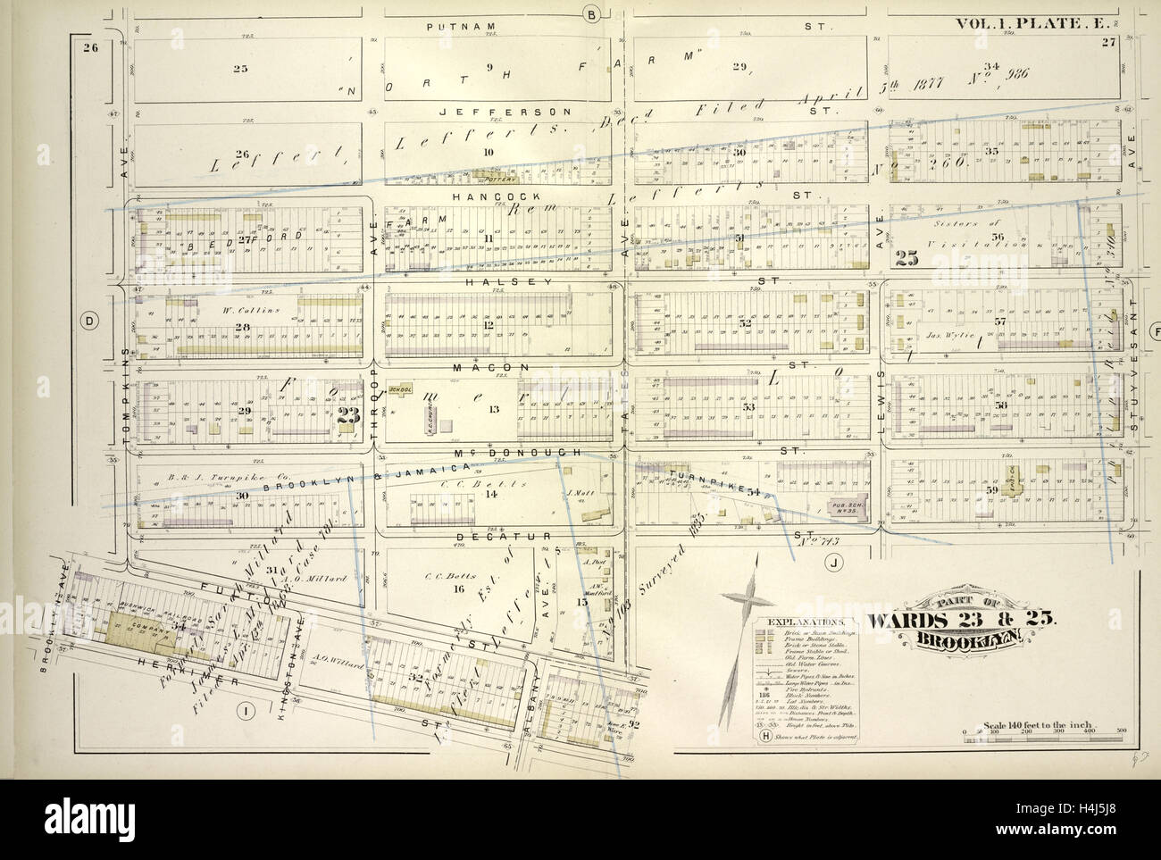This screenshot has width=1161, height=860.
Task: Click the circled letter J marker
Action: [x=833, y=563]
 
